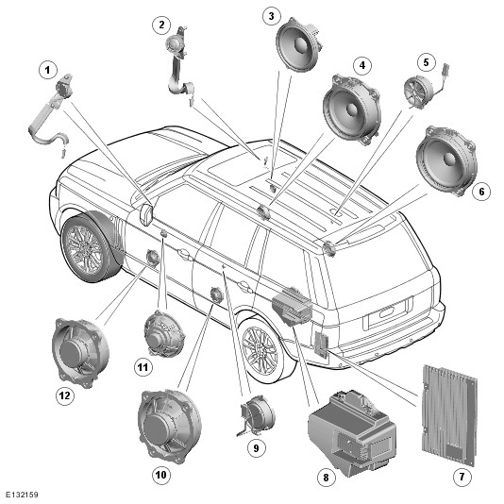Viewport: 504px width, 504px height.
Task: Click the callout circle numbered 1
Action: point(48,70)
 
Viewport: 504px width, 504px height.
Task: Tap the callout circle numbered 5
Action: point(427,62)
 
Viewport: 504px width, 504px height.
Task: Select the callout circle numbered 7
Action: point(462,477)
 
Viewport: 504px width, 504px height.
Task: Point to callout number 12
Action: point(65,395)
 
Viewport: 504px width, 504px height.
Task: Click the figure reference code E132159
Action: point(22,495)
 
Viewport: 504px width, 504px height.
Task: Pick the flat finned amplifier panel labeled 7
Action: point(448,415)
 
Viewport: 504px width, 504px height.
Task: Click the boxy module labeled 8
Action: point(352,432)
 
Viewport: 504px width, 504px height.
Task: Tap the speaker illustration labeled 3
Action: point(298,43)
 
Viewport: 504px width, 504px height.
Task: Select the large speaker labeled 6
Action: point(446,161)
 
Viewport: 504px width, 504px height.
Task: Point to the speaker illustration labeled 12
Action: point(80,352)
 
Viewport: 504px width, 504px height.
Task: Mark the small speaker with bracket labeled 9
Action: point(257,415)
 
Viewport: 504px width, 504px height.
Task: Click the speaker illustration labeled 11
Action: point(164,334)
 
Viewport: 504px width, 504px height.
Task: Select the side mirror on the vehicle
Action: point(146,212)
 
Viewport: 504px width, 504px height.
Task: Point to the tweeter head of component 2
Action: point(174,44)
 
